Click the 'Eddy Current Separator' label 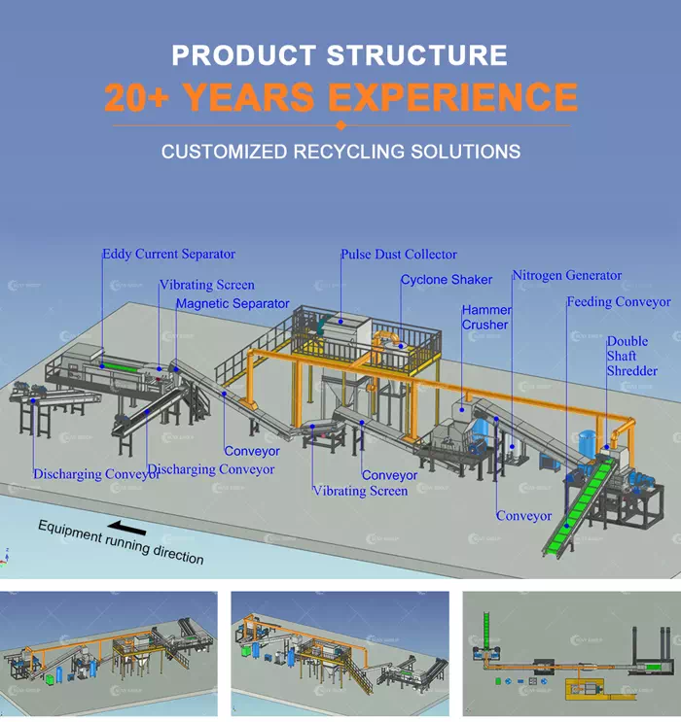[x=168, y=255]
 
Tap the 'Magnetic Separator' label [x=233, y=304]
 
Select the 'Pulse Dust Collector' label [x=398, y=255]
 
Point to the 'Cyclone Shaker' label [x=446, y=280]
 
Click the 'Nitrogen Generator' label [x=566, y=276]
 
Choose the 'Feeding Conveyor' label [x=619, y=302]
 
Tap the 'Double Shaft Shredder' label [x=631, y=357]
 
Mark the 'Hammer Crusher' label [x=485, y=318]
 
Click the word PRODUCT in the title [x=243, y=55]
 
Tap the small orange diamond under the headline [x=340, y=125]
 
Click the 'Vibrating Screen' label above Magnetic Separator [x=207, y=286]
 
